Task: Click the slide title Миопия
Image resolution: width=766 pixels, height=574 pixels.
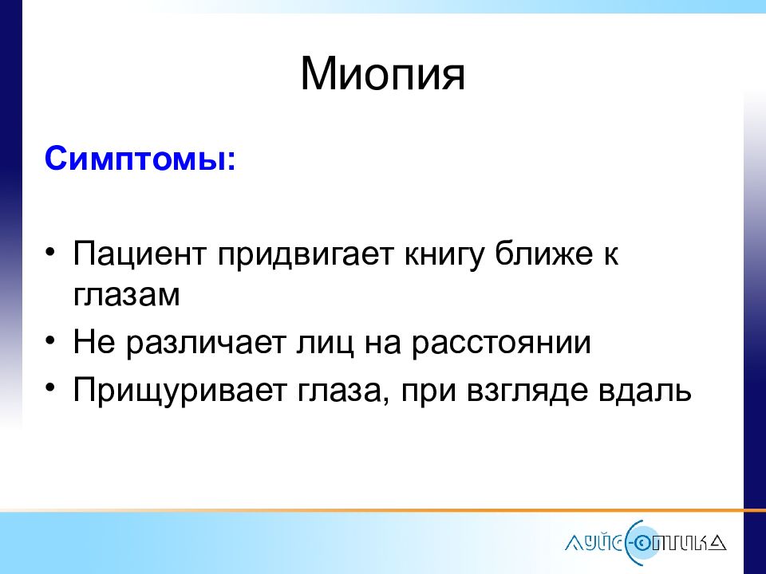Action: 382,73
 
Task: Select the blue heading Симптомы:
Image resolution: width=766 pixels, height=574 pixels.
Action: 140,158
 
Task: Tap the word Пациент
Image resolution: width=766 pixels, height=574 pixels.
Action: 139,254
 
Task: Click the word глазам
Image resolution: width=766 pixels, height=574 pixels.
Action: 127,295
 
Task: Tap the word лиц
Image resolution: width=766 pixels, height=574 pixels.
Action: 325,344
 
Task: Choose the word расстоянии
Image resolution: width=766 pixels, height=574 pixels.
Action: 501,344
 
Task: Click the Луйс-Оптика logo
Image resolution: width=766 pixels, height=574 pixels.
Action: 646,542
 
